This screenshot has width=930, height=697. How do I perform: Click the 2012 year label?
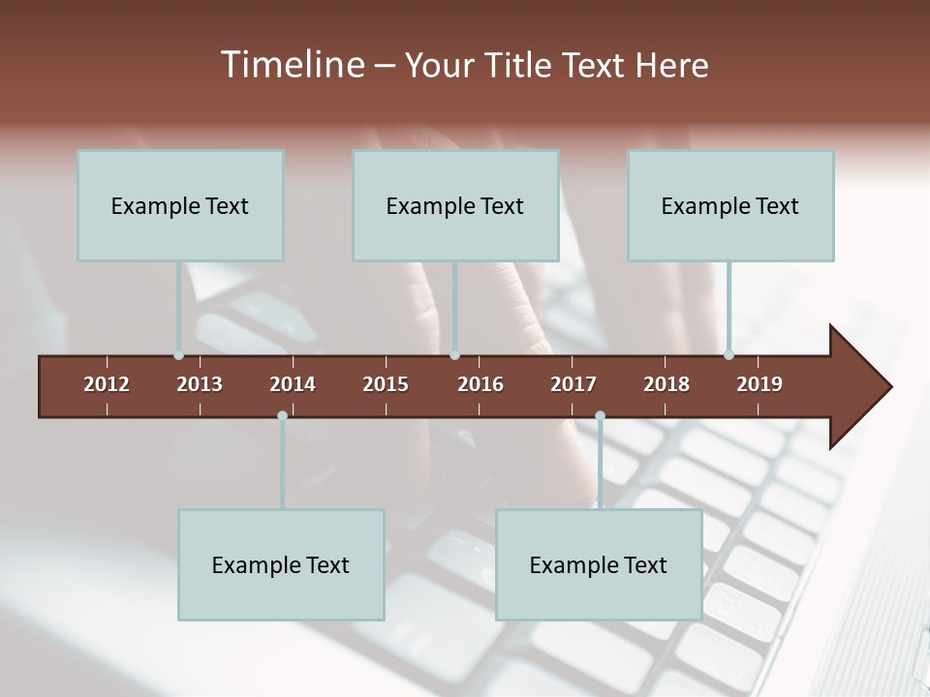[107, 384]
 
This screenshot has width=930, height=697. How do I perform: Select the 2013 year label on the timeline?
[200, 384]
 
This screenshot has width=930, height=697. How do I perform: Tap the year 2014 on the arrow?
[293, 384]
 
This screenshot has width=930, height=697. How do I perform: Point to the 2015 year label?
[386, 384]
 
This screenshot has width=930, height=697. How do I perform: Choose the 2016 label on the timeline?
[480, 384]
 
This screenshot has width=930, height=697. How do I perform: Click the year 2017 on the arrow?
[573, 384]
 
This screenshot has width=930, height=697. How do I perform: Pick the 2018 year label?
[666, 384]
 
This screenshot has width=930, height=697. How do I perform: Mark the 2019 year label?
[759, 384]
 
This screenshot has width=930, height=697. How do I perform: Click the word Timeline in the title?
[291, 65]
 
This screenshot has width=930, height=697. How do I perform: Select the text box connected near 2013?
[180, 205]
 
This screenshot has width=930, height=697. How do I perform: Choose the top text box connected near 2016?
[455, 205]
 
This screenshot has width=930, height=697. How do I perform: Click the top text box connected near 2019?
[730, 205]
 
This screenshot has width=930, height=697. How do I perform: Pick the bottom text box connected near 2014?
[281, 564]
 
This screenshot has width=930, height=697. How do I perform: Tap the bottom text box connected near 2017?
[599, 564]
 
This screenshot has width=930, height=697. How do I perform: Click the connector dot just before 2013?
[179, 355]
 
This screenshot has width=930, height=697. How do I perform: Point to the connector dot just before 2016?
[455, 355]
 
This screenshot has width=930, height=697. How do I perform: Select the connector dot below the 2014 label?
[282, 415]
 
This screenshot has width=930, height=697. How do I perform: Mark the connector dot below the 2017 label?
[600, 415]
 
